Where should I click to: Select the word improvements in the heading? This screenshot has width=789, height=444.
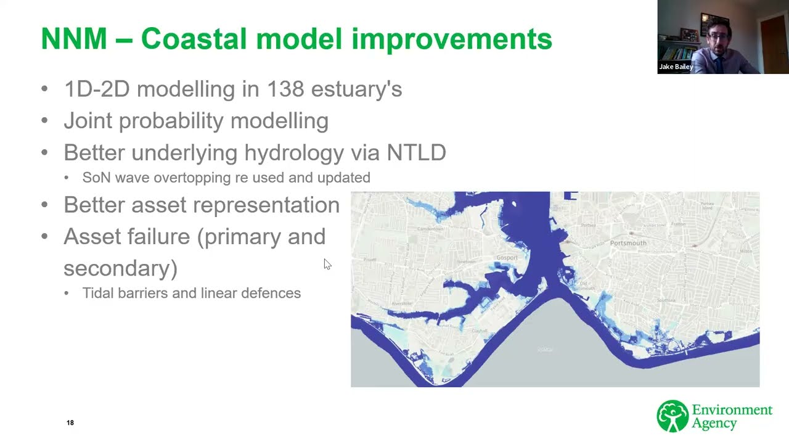point(452,39)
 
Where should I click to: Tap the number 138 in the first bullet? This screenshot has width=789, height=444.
point(285,89)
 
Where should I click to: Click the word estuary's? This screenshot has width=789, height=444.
point(356,89)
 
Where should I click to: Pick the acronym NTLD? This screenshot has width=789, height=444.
point(416,152)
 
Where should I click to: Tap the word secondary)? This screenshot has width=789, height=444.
point(120,268)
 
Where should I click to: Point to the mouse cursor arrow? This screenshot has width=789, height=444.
point(327,263)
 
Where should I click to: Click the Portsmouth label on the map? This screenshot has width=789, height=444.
point(628,243)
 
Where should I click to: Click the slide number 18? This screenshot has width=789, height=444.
point(70,422)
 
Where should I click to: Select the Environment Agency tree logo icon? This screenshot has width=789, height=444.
point(672,416)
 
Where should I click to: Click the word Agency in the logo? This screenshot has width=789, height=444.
point(714,424)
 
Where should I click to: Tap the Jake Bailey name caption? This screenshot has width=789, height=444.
point(676,67)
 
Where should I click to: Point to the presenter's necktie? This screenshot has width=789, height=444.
point(719,64)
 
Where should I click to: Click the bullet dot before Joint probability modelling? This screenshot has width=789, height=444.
point(44,121)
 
